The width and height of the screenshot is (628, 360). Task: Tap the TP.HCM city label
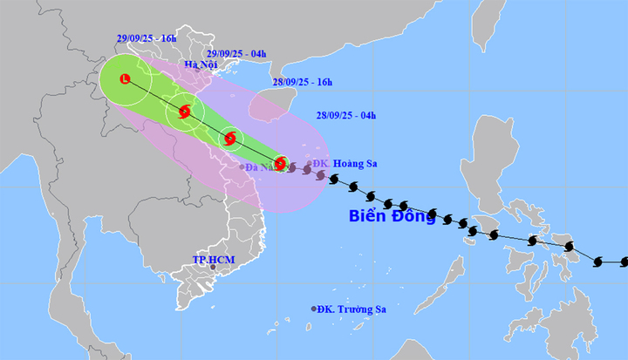pos(212,260)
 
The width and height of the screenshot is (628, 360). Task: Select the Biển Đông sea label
pos(392,216)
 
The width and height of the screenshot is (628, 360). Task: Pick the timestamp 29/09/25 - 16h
pos(147,39)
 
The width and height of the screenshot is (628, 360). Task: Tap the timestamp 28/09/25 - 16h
pos(303,82)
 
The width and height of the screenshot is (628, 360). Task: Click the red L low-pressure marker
pos(126,79)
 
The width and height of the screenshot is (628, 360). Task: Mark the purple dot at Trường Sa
pos(314,309)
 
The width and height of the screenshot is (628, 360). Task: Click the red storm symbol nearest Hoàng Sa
pos(280,163)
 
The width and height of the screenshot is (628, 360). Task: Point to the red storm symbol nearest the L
pos(185,111)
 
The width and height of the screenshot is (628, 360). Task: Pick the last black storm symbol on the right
pos(598,262)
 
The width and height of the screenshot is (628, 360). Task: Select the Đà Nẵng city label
pos(261,166)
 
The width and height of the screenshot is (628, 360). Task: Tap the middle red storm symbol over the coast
pos(230,138)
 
